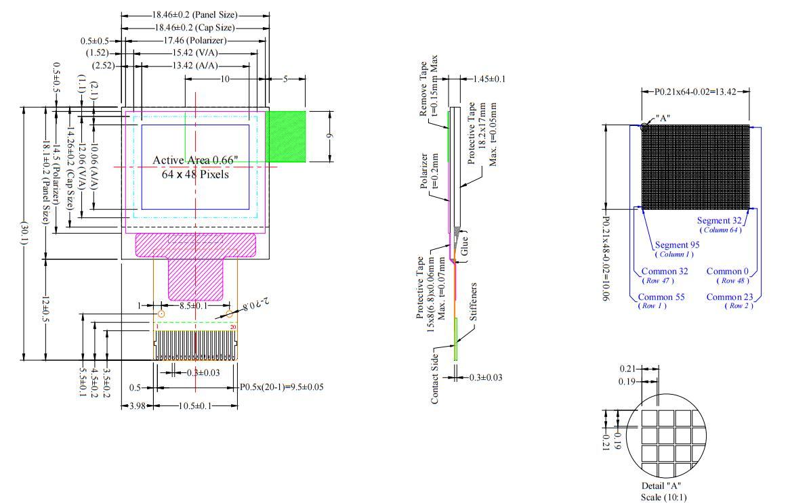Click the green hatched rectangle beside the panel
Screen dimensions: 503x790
[285, 136]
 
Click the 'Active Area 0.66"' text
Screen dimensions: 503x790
[195, 160]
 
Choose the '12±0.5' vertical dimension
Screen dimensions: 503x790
[45, 308]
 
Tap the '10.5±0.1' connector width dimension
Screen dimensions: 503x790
[194, 406]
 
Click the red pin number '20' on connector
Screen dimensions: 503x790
[233, 327]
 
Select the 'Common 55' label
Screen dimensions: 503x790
[661, 297]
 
